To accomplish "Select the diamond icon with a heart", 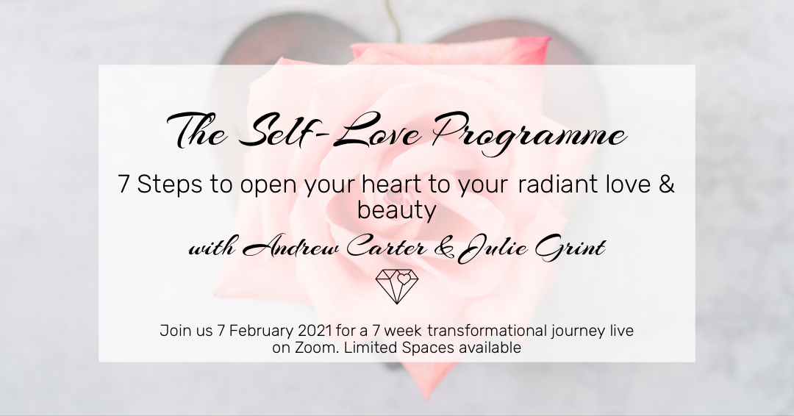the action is [x=397, y=286].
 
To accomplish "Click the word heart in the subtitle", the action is [x=393, y=185].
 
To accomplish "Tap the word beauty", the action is [x=396, y=210].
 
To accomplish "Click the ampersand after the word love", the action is [x=667, y=185].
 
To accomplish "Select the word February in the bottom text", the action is [x=260, y=331].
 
